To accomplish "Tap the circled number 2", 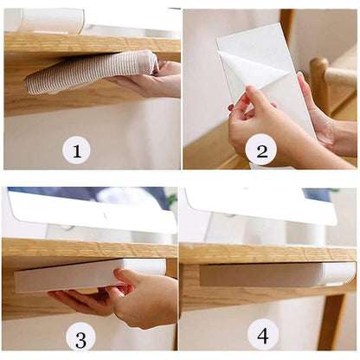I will [260, 150].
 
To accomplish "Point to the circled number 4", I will [263, 334].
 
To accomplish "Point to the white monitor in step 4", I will [260, 205].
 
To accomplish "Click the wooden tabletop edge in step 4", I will [268, 254].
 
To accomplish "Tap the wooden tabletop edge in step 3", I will [87, 249].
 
